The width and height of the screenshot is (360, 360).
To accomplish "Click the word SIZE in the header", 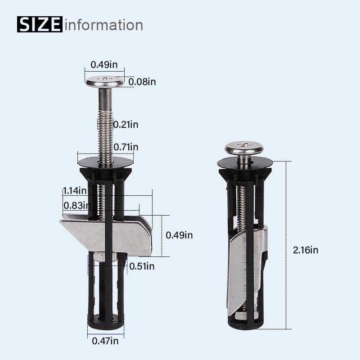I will click(x=40, y=24).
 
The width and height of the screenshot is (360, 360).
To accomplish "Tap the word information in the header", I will click(x=103, y=24).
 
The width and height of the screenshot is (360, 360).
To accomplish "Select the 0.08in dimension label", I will click(x=142, y=81).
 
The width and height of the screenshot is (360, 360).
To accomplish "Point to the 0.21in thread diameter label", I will click(x=126, y=125).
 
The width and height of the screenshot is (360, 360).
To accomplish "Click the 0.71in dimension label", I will click(x=126, y=147).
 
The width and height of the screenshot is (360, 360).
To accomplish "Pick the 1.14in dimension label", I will click(x=74, y=190).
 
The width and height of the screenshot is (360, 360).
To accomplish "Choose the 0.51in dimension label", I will click(x=142, y=266).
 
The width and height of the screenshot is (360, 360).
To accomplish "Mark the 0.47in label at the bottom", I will click(x=105, y=341).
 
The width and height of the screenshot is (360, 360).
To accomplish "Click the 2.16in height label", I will click(x=305, y=250).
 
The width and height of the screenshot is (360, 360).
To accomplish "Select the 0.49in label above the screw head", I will click(x=104, y=64).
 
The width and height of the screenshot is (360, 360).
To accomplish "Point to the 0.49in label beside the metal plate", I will click(x=179, y=235).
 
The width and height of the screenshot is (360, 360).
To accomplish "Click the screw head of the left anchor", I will click(x=105, y=82).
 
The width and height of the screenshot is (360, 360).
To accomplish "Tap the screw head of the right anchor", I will click(x=243, y=148).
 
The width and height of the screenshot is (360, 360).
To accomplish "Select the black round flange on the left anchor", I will click(x=105, y=161).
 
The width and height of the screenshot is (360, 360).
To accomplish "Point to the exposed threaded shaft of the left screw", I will click(x=105, y=130).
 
